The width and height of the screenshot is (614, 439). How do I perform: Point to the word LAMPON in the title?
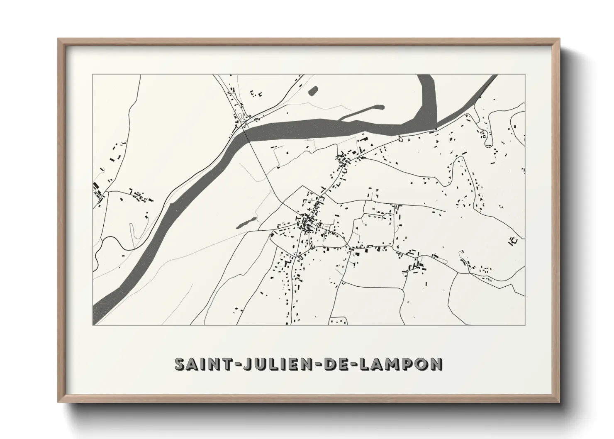(401, 364)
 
